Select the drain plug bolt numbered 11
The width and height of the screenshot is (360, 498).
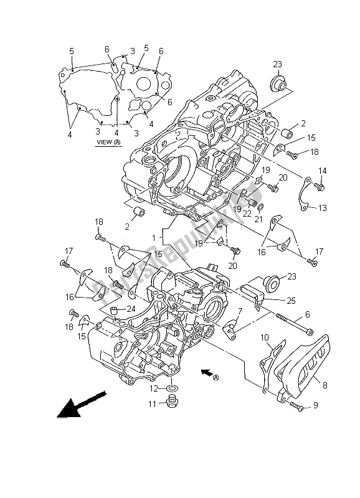coord(171,405)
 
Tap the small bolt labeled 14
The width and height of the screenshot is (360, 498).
coord(321,185)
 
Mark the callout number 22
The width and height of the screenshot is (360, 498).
coord(247,214)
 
